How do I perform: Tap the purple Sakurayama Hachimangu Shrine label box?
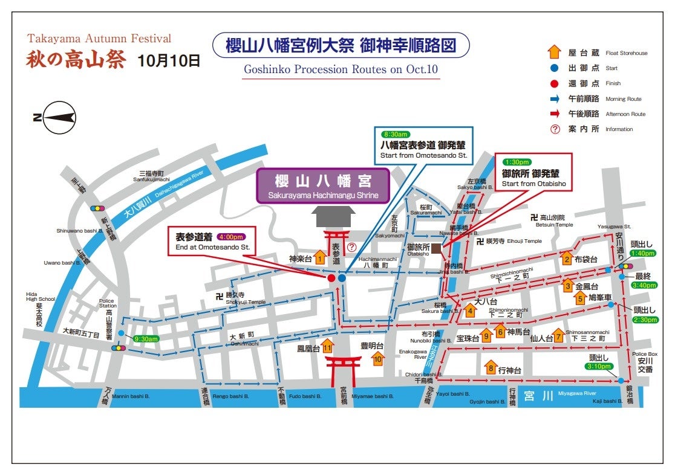(x=322, y=185)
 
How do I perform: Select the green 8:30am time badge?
(x=395, y=133)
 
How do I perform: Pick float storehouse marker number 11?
(x=327, y=346)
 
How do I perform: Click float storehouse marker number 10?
(x=378, y=359)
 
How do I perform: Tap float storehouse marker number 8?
(x=491, y=367)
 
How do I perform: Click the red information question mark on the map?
(x=351, y=247)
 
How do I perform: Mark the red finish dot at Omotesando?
(x=331, y=278)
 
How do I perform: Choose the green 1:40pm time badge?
(x=642, y=254)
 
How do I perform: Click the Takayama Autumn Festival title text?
(x=99, y=39)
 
